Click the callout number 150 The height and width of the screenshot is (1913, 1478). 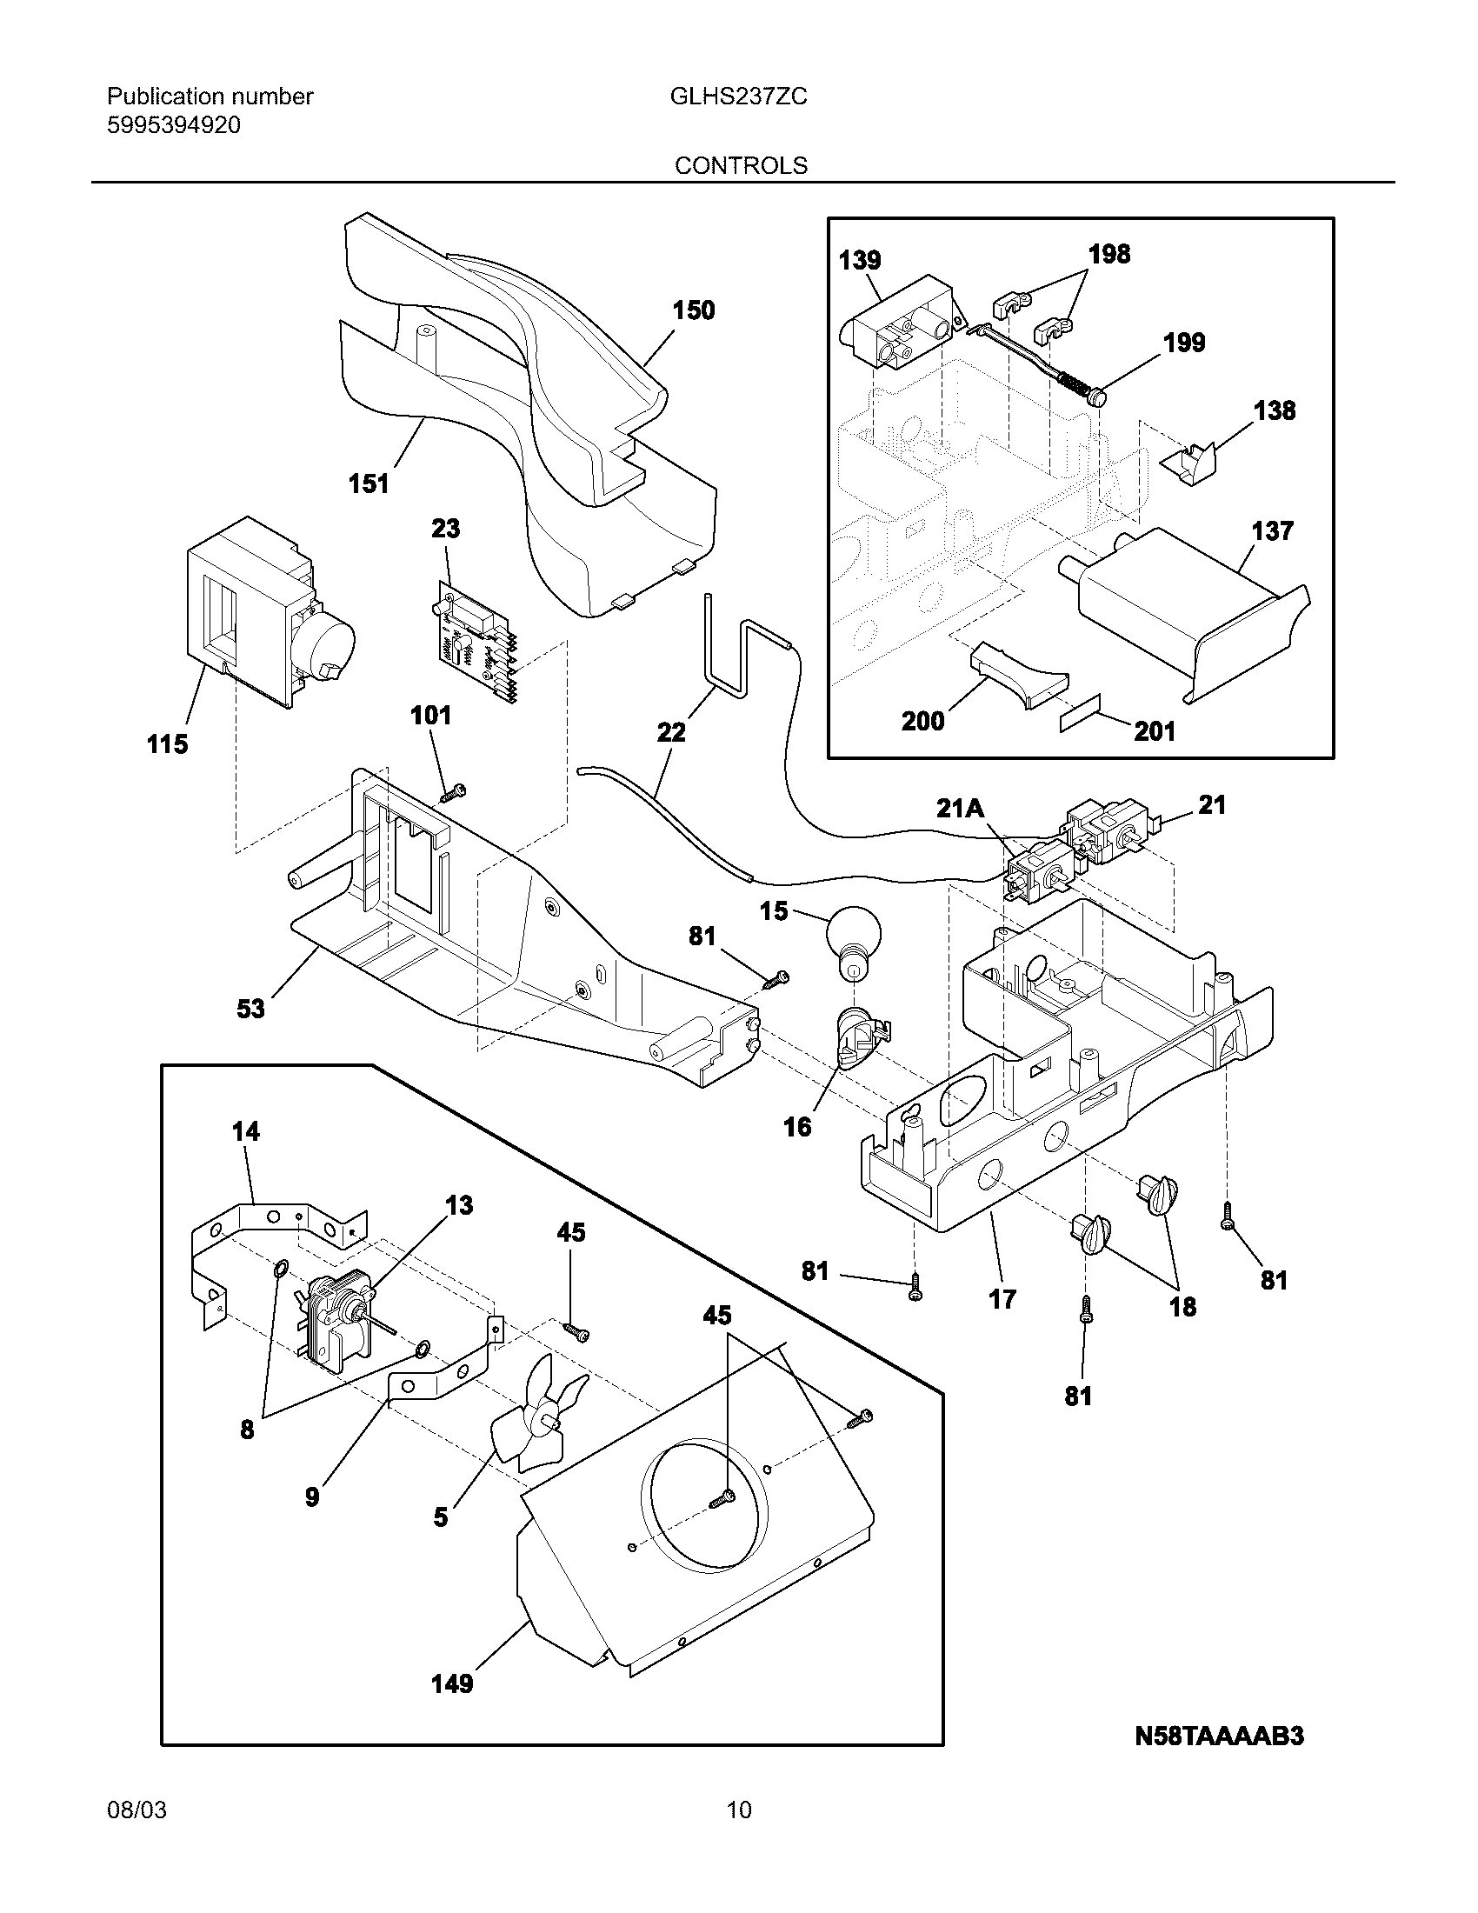pyautogui.click(x=694, y=310)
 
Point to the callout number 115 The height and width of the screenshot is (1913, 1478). pyautogui.click(x=167, y=744)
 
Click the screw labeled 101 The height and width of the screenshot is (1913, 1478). pyautogui.click(x=453, y=793)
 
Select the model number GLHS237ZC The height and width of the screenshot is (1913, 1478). pyautogui.click(x=738, y=97)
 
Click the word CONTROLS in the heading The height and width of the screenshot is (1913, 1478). pyautogui.click(x=741, y=164)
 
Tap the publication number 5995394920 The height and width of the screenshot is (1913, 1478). pyautogui.click(x=173, y=125)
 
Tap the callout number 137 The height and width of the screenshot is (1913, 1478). pyautogui.click(x=1272, y=530)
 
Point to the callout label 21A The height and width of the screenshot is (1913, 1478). pyautogui.click(x=961, y=808)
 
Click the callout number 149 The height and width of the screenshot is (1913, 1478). pyautogui.click(x=452, y=1683)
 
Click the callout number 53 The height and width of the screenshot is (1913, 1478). pyautogui.click(x=250, y=1009)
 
